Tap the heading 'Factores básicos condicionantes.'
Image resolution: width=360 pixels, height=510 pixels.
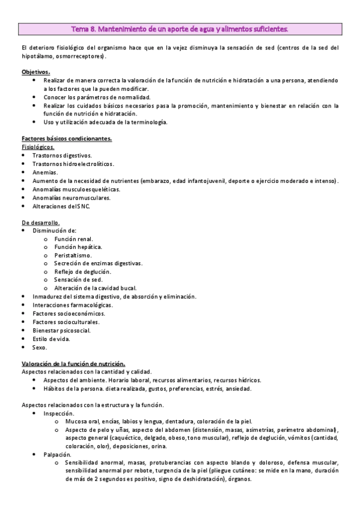pyautogui.click(x=66, y=138)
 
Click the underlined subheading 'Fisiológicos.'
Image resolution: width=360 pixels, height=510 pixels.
pyautogui.click(x=38, y=147)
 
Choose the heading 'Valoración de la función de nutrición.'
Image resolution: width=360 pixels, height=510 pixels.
pyautogui.click(x=73, y=364)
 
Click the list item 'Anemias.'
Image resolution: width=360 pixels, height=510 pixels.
pyautogui.click(x=45, y=172)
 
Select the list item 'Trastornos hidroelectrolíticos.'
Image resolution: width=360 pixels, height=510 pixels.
pyautogui.click(x=73, y=164)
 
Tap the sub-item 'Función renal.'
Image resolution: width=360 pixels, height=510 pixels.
pyautogui.click(x=73, y=239)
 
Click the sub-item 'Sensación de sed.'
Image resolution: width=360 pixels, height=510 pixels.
pyautogui.click(x=78, y=280)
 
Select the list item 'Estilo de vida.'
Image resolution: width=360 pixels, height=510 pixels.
pyautogui.click(x=51, y=339)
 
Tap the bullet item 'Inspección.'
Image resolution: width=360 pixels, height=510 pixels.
pyautogui.click(x=59, y=414)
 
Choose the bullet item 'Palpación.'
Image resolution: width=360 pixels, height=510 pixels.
pyautogui.click(x=58, y=455)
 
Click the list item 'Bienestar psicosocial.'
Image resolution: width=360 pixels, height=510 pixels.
pyautogui.click(x=61, y=330)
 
